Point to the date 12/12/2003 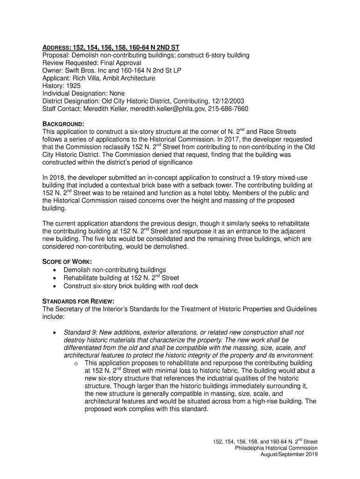click(227, 101)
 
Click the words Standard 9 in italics click(79, 332)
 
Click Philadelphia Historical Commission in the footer click(276, 448)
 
